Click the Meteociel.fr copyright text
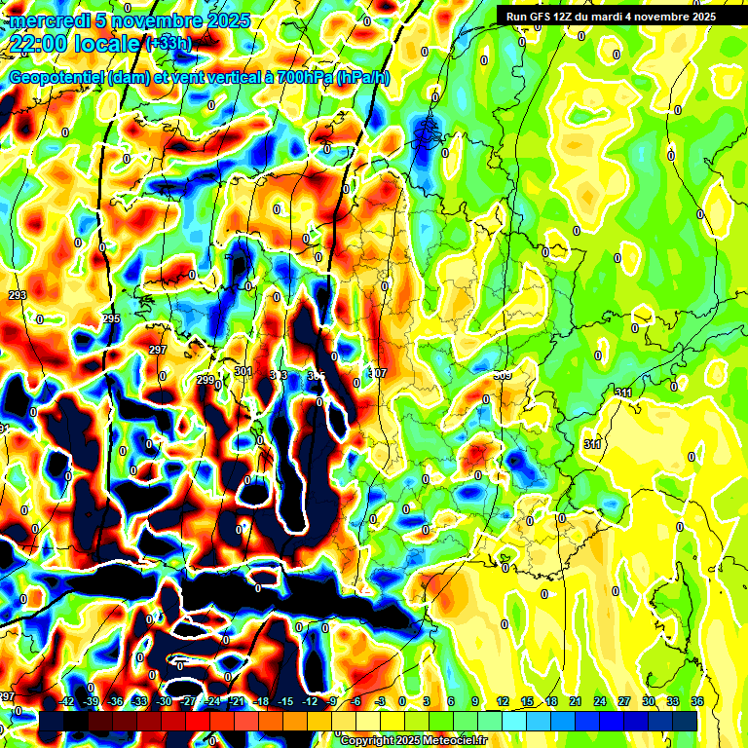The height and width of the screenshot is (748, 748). click(x=413, y=741)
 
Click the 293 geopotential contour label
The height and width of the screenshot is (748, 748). click(x=18, y=295)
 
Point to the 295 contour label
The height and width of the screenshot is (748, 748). click(x=111, y=318)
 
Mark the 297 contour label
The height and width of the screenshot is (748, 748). click(x=158, y=350)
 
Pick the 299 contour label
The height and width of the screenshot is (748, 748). click(x=205, y=380)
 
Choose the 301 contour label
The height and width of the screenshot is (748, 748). click(x=243, y=371)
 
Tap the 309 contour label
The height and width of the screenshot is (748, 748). click(x=503, y=375)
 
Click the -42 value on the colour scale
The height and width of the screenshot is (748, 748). click(x=66, y=700)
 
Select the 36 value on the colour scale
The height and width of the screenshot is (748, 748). click(x=697, y=700)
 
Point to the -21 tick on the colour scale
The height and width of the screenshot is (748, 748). click(x=236, y=700)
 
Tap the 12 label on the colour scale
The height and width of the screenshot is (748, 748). click(x=503, y=700)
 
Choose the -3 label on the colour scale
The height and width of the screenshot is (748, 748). click(x=380, y=700)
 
